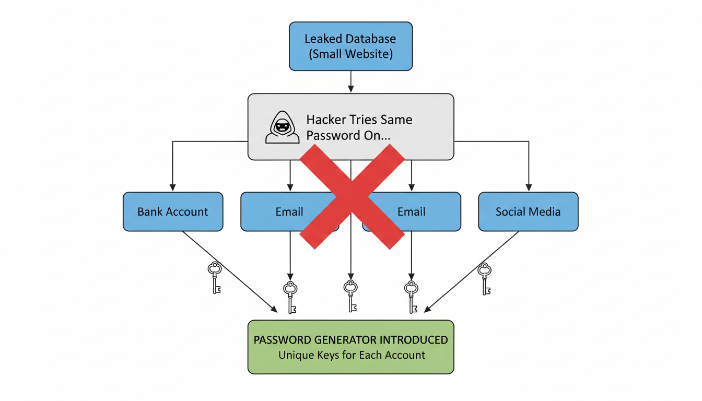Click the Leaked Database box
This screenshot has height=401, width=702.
pos(350,46)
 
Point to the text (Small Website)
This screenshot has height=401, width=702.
pos(350,54)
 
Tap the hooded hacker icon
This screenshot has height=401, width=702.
pos(283,127)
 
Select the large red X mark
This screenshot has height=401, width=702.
pos(352,196)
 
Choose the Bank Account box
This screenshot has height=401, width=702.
pos(173,211)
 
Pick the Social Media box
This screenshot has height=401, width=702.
pos(528,211)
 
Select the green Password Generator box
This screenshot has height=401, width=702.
pos(350,347)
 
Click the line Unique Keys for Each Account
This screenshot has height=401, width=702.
pos(352,356)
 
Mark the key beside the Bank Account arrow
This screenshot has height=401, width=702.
pos(215,277)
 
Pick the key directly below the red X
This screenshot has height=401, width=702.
pos(351,295)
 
